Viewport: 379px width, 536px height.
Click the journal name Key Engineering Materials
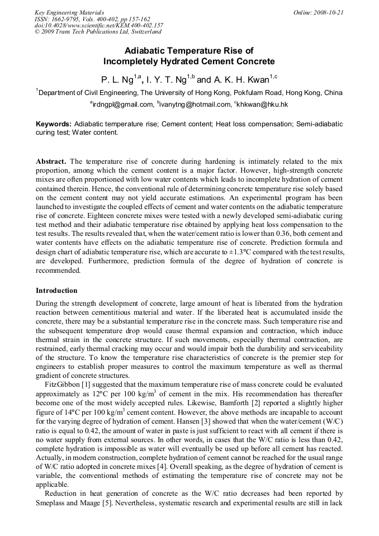tap(69, 12)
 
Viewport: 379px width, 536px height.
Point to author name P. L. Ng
tap(115, 79)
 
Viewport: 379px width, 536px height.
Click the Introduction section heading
tap(56, 291)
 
